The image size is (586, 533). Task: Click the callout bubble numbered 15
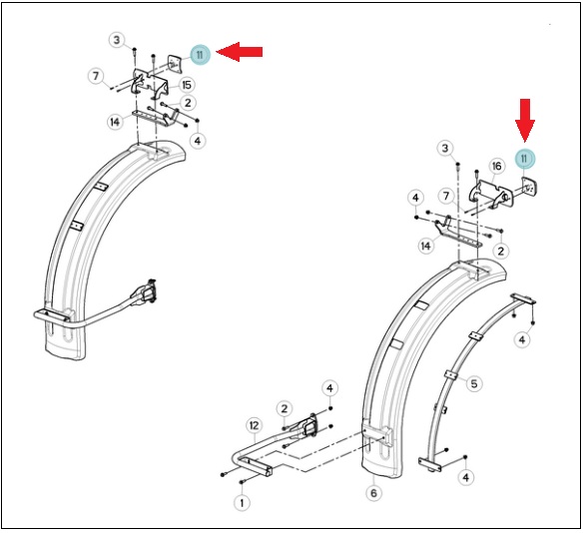(187, 85)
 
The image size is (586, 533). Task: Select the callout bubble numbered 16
(497, 166)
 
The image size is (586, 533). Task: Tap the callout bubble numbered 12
(255, 425)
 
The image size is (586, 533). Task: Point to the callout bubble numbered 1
(242, 503)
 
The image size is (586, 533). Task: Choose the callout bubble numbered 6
(373, 493)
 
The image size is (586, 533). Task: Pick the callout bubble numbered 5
(474, 383)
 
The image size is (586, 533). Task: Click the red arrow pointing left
(240, 52)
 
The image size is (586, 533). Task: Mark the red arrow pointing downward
(525, 121)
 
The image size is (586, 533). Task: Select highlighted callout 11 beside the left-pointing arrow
(200, 55)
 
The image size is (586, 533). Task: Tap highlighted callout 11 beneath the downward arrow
(525, 159)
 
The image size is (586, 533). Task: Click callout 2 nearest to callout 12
(285, 408)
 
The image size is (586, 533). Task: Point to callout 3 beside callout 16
(444, 149)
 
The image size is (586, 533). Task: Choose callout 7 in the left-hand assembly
(96, 76)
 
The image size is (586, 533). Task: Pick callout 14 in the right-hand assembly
(425, 246)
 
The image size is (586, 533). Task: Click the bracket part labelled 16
(490, 194)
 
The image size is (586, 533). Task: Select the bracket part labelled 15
(150, 82)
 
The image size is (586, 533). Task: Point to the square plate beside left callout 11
(174, 64)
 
